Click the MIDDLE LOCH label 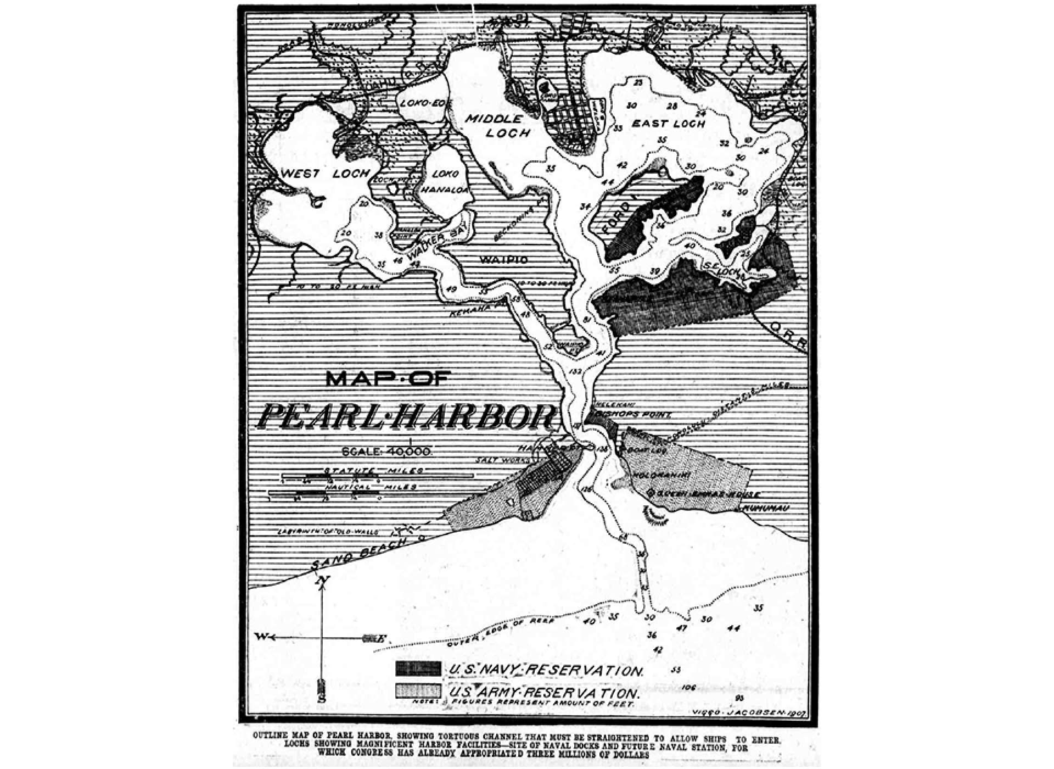coord(498,126)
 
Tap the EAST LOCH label coord(668,124)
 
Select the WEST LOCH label coord(325,173)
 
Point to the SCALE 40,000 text coord(388,451)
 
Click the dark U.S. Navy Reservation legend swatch coord(418,668)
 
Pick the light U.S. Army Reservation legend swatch coord(418,691)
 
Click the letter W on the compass coord(263,637)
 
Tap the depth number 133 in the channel coord(575,372)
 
